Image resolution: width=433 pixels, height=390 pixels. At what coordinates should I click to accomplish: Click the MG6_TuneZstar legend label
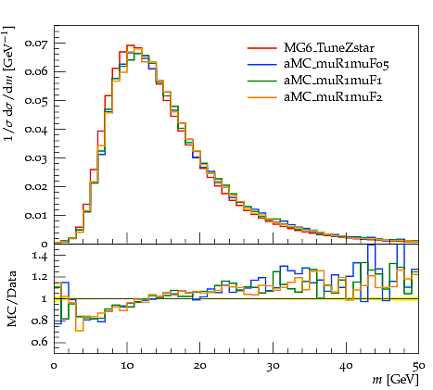(329, 48)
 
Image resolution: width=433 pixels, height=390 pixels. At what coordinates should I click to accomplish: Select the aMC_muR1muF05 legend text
(337, 64)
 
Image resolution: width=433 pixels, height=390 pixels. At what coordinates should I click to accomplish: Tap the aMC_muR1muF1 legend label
(333, 81)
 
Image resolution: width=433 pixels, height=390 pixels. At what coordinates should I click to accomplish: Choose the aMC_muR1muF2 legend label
(333, 97)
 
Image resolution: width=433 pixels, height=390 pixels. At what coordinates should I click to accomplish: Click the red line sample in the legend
(261, 48)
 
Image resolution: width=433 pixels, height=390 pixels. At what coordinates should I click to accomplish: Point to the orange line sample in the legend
(261, 97)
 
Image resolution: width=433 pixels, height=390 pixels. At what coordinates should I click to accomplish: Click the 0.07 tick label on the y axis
(36, 43)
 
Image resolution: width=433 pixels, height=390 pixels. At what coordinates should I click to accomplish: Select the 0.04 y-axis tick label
(36, 130)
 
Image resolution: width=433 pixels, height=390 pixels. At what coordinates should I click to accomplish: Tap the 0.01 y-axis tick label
(36, 215)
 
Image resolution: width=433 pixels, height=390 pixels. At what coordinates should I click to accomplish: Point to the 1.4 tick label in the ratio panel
(40, 257)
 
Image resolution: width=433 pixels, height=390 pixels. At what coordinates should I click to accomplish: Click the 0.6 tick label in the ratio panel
(40, 342)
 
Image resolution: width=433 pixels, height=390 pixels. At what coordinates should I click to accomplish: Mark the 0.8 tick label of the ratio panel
(40, 321)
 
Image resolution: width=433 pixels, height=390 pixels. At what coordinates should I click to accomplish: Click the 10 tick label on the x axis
(127, 366)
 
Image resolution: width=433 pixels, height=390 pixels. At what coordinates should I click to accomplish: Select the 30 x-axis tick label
(273, 366)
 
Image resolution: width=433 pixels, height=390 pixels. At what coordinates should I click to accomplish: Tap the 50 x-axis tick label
(419, 366)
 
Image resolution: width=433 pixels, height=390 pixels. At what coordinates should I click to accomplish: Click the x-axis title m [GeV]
(396, 380)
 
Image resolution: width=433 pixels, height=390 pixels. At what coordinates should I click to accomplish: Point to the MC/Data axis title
(11, 298)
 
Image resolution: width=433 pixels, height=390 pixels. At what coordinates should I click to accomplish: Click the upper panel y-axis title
(9, 83)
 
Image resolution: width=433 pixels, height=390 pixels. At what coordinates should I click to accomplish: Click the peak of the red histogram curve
(131, 45)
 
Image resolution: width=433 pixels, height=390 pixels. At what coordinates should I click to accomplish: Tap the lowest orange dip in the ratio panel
(80, 331)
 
